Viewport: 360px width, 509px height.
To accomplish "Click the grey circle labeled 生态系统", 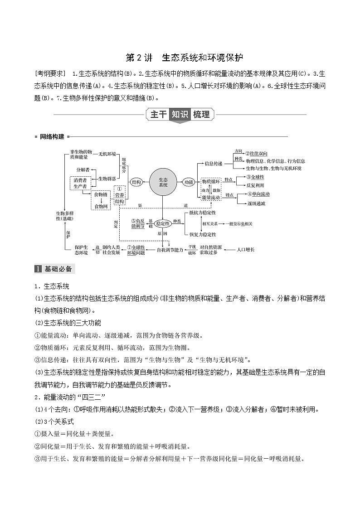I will (x=163, y=182).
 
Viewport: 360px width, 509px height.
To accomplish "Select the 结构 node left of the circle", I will (x=136, y=182).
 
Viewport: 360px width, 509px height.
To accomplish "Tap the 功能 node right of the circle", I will (x=189, y=182).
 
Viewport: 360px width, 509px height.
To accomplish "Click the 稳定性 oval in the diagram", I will (x=162, y=223).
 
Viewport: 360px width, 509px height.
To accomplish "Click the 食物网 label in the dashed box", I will (x=101, y=206).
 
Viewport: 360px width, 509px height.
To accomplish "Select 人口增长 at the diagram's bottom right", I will (x=246, y=250).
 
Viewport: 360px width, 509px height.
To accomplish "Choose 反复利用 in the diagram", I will (x=255, y=185).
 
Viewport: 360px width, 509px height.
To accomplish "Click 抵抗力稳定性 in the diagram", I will (x=203, y=213).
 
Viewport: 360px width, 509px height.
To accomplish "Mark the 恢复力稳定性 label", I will (x=203, y=234).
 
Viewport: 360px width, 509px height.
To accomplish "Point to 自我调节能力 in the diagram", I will (x=170, y=250).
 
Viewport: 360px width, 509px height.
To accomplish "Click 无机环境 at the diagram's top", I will (x=107, y=154).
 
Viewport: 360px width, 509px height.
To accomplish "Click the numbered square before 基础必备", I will (x=38, y=269).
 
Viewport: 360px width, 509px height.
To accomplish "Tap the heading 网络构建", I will (x=52, y=136).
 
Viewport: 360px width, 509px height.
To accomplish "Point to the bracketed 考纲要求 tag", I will (x=50, y=73).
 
